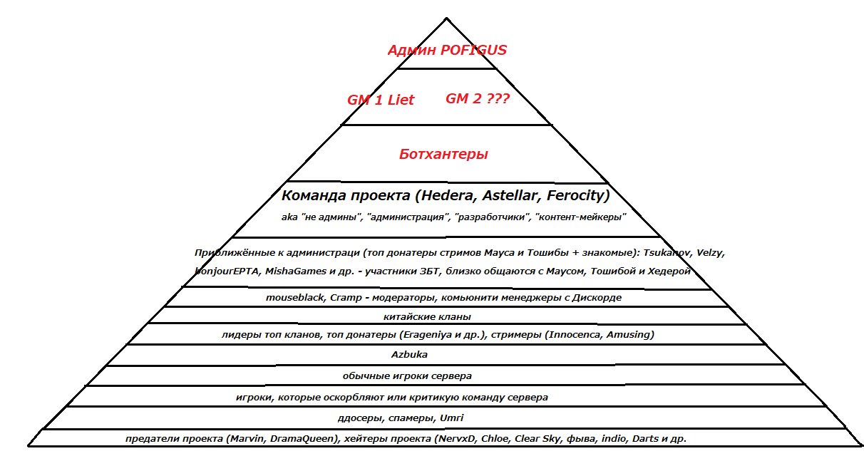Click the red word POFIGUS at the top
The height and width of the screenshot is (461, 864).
coord(473,50)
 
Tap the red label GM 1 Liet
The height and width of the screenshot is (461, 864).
coord(380,100)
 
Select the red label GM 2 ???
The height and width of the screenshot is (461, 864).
coord(477,98)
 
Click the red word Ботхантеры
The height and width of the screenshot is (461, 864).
coord(443,154)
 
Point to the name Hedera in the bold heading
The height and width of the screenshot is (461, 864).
coord(448,195)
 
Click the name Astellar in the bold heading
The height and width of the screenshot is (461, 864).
coord(512,195)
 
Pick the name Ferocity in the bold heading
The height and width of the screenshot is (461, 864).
coord(575,195)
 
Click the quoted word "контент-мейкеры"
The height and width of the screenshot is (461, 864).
coord(580,217)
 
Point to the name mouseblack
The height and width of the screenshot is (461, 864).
coord(294,298)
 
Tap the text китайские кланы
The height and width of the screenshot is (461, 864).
coord(427,317)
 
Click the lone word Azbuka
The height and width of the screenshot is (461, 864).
coord(409,355)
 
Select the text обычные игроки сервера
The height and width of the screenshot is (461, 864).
coord(407,375)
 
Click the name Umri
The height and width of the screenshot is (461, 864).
coord(452,418)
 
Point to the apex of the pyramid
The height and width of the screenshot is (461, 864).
coord(447,18)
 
